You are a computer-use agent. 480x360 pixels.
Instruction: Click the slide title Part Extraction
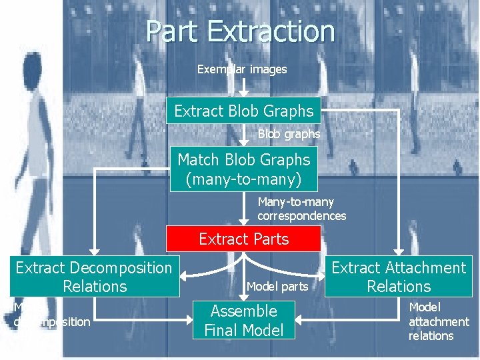click(x=240, y=31)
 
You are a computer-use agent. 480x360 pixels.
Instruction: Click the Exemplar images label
click(x=242, y=69)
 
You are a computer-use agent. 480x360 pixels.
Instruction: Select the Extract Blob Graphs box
click(x=243, y=111)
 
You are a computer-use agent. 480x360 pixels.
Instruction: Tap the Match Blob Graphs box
click(x=243, y=169)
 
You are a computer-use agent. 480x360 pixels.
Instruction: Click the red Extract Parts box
click(x=243, y=239)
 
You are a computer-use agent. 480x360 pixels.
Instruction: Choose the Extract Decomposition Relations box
click(x=94, y=277)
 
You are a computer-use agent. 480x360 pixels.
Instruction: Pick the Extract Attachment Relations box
click(x=399, y=277)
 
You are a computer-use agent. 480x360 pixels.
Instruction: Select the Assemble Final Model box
click(x=243, y=320)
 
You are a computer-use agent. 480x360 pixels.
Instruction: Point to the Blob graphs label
click(x=289, y=134)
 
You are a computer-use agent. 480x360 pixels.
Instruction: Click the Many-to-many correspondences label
click(x=301, y=209)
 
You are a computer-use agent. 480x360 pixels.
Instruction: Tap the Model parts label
click(x=277, y=287)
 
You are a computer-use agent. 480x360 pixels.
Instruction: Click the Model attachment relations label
click(x=438, y=321)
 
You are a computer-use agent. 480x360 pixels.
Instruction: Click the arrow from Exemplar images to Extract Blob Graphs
click(x=244, y=86)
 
